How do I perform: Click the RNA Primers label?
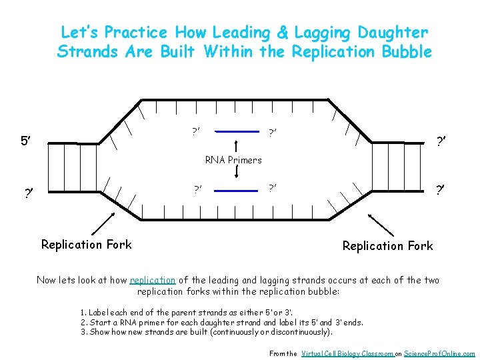[233, 160]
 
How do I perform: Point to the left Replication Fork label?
[87, 245]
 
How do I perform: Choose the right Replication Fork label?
[387, 246]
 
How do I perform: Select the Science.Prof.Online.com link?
[441, 353]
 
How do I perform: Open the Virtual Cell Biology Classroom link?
[346, 353]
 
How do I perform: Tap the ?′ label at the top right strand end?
[441, 141]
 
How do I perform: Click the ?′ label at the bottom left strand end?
[29, 194]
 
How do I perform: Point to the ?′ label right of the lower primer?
[273, 189]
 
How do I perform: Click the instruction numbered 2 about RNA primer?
[221, 322]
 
